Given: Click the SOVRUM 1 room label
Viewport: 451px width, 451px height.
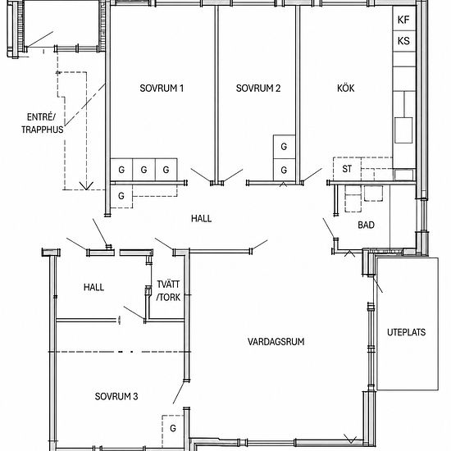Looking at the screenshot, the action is [x=162, y=88].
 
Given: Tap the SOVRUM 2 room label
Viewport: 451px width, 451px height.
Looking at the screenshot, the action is [x=258, y=88].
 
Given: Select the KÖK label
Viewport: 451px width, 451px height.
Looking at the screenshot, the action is [x=346, y=88].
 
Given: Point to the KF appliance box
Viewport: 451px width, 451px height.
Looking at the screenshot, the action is [x=404, y=19].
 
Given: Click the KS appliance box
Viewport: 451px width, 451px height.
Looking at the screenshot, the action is [x=404, y=41].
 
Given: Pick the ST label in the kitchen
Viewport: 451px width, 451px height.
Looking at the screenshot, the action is [x=347, y=169].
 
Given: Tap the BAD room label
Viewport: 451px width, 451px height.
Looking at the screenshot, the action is [x=366, y=225].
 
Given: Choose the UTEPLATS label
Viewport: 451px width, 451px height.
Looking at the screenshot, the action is [x=406, y=332].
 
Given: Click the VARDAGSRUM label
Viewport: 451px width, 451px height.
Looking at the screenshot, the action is [x=276, y=341].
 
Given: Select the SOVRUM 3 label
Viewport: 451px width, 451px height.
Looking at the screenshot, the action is [x=116, y=396].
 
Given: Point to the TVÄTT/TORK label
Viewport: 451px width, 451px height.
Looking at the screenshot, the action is [x=168, y=290].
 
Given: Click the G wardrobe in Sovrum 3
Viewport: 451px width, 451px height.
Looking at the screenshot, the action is [x=172, y=428].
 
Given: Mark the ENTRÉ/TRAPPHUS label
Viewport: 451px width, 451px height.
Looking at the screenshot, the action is [x=43, y=123].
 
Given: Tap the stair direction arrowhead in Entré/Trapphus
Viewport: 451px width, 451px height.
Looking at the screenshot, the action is [x=86, y=185].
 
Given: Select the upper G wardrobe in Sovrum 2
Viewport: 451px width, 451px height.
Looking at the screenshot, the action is [x=285, y=147].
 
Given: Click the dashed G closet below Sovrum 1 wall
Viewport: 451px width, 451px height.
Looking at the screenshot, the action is [x=121, y=196].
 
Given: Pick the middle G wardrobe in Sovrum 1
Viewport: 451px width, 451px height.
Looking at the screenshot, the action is [x=143, y=170].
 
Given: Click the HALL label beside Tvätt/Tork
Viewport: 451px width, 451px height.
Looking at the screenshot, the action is [x=93, y=287].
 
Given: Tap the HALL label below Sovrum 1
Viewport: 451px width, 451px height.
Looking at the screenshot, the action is [x=202, y=219].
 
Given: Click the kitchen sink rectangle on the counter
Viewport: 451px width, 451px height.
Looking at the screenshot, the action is [x=403, y=130].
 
